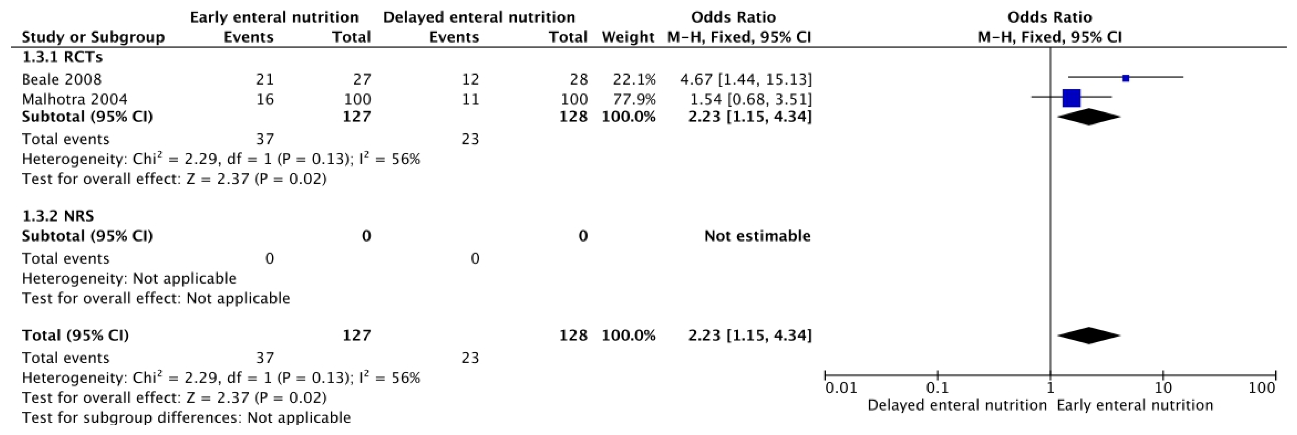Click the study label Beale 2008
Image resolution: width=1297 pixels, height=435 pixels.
point(62,80)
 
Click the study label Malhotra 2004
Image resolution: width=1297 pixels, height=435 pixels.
point(75,99)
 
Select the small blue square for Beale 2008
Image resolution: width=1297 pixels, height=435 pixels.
point(1126,78)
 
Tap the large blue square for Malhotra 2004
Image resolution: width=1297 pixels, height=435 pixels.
point(1072,98)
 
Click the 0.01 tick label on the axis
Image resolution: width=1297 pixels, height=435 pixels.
point(841,388)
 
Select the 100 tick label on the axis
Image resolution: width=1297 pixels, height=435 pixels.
point(1262,388)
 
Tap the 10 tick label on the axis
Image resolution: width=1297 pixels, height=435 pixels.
point(1163,388)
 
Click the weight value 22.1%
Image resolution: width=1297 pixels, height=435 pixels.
point(634,80)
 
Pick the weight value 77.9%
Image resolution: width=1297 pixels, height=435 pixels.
point(634,99)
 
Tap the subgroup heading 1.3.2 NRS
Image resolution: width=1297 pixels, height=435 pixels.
point(58,216)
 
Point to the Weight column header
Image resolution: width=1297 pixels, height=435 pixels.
point(627,37)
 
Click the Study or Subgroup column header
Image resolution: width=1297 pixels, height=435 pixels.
point(93,37)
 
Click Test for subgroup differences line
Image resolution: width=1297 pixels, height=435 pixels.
point(186,418)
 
